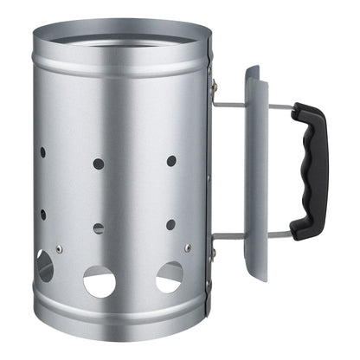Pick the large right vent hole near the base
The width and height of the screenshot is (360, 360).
(169, 276)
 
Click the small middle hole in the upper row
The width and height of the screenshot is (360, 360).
(98, 163)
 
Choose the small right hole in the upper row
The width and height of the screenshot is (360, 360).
(171, 161)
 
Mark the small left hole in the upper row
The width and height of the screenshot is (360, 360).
(42, 152)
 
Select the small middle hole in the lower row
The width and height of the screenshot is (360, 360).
(98, 228)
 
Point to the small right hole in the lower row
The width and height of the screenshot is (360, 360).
(170, 225)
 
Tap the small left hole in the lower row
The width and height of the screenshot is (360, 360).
(42, 214)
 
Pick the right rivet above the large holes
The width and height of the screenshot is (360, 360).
(187, 247)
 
